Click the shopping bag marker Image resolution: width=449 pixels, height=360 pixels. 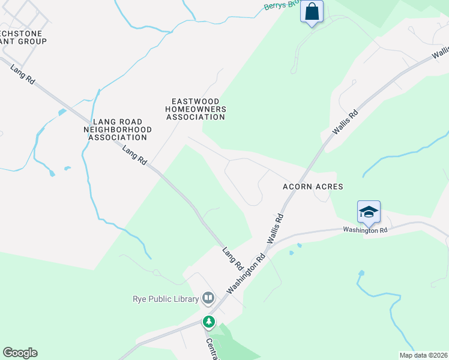point(312,12)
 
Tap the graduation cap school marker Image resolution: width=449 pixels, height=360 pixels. point(369,212)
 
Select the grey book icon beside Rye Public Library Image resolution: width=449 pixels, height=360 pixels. point(208,297)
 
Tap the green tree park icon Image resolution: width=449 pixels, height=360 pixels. point(209,322)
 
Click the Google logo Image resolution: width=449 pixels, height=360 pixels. point(20,353)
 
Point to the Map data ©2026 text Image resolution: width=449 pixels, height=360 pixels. point(423,355)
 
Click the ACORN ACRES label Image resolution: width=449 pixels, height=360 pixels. point(313,187)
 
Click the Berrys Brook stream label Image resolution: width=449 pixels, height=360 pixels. point(280,5)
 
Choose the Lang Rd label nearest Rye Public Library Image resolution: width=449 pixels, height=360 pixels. point(232,258)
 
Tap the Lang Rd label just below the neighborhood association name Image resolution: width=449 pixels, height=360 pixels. point(134,156)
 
